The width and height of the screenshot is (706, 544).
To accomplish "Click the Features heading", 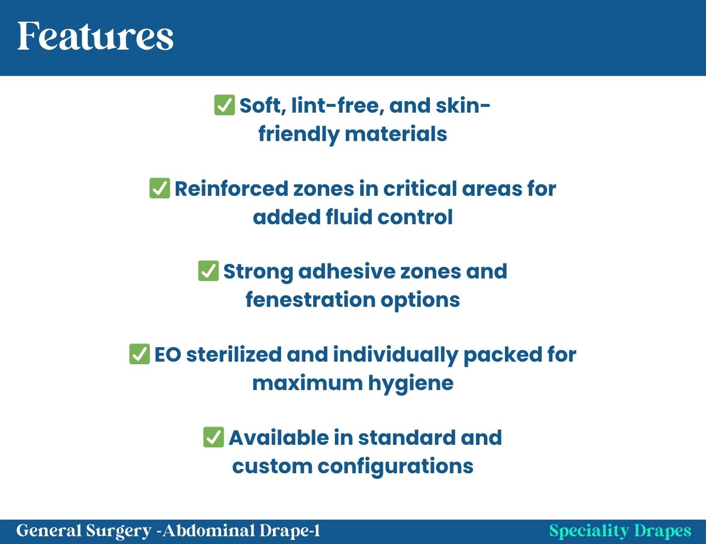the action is coord(95,36).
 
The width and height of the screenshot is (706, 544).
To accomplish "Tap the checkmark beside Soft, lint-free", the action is coord(224,105).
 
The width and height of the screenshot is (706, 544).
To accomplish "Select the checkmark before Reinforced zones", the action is coord(160,188).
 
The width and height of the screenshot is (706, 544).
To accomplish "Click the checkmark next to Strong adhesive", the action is coord(208,271).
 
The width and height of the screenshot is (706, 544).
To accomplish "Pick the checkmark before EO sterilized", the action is coord(140,354).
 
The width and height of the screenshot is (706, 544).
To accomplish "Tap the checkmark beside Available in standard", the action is coord(213,437).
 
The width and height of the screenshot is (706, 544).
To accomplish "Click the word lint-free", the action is coord(337,106).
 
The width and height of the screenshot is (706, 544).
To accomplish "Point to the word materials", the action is coord(396,134).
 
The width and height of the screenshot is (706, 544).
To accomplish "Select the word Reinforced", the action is coord(232,189).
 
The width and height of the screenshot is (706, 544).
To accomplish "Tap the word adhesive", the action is coord(347,271).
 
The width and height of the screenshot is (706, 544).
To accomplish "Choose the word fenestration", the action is coord(311,300).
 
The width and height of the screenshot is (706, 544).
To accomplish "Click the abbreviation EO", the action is coord(167,354).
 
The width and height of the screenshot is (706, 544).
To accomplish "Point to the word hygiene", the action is coord(411,384).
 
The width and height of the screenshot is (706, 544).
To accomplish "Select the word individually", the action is coord(395,355).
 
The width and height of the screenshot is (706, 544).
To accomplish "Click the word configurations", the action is coord(395,467).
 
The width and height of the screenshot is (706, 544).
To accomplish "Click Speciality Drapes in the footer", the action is coord(620,531).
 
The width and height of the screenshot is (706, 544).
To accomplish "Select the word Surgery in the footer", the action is coord(118,531).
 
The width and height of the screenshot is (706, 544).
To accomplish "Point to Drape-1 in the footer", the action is coord(290,531).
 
